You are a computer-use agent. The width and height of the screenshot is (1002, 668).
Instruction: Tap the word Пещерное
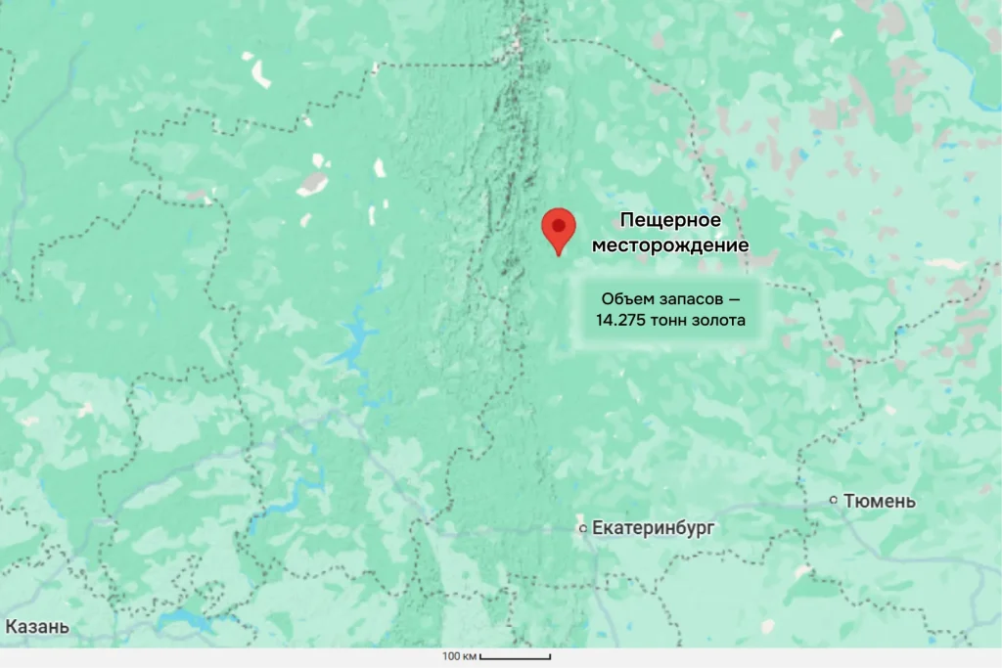670,220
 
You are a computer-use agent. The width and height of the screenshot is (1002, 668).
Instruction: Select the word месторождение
670,245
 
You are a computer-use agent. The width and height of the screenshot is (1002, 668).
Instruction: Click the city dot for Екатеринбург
582,528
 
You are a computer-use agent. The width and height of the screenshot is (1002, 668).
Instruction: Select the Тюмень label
880,501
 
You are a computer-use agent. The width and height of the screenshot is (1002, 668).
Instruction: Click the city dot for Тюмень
834,500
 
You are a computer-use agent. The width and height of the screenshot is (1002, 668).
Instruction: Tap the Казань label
37,627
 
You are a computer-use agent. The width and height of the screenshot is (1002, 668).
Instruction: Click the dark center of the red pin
558,225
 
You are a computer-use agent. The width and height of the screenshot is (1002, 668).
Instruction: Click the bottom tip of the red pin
558,254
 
